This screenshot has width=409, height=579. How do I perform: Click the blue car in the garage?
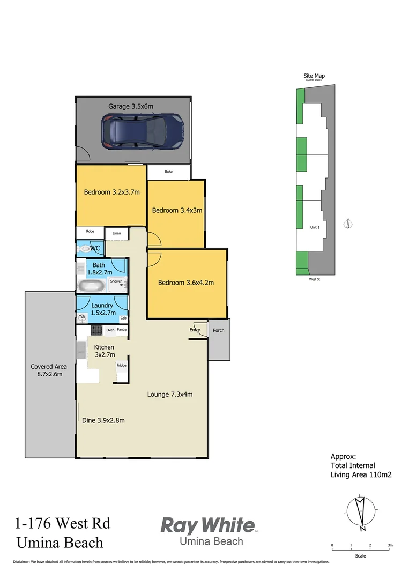coord(143,132)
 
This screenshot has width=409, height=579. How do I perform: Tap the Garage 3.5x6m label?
coord(131,106)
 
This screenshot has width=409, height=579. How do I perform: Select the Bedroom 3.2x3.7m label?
coord(111,192)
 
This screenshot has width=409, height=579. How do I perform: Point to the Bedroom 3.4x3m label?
coord(177,210)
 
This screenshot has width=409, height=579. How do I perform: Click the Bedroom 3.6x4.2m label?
coord(185,283)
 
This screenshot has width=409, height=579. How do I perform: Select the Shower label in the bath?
coord(116,281)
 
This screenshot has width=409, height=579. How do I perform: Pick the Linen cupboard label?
coord(117,234)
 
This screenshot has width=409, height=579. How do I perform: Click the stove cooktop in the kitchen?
coord(96,330)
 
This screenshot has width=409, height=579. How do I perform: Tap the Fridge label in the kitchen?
coord(122,365)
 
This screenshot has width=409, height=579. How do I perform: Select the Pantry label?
coord(122,330)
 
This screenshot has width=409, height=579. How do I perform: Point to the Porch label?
coord(219,330)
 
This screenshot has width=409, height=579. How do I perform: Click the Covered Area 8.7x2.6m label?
coord(49,370)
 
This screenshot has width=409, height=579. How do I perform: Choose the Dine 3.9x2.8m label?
coord(103,420)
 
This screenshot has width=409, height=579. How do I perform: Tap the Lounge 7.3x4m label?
coord(170,395)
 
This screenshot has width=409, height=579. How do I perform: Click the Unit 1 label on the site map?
coord(315,227)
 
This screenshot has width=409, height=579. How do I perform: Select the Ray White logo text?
coord(208,525)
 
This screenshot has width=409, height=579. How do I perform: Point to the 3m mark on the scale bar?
coord(390,545)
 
